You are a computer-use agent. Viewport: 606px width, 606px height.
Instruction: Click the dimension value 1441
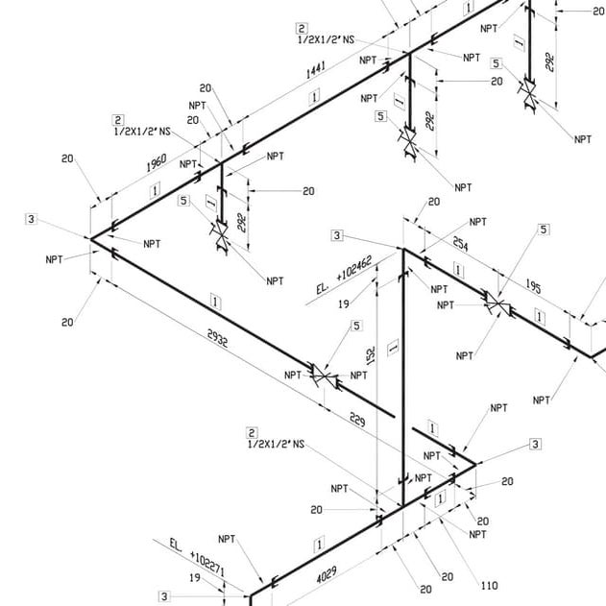click(x=315, y=72)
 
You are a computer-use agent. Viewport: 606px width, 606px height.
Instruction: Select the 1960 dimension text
click(x=158, y=164)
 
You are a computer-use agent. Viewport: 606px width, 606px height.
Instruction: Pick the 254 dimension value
click(x=461, y=247)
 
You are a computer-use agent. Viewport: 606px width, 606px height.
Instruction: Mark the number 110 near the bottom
click(x=489, y=585)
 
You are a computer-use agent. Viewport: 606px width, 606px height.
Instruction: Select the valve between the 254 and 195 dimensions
click(x=497, y=304)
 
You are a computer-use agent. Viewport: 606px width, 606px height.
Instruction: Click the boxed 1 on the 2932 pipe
click(x=215, y=302)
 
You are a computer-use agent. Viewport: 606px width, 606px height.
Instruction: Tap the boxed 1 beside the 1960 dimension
click(x=154, y=191)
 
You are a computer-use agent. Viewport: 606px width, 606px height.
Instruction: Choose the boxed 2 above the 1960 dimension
click(x=118, y=120)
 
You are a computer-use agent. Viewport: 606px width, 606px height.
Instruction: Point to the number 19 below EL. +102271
click(x=195, y=577)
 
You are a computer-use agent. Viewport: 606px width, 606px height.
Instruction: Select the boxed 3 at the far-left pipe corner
click(x=32, y=220)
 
